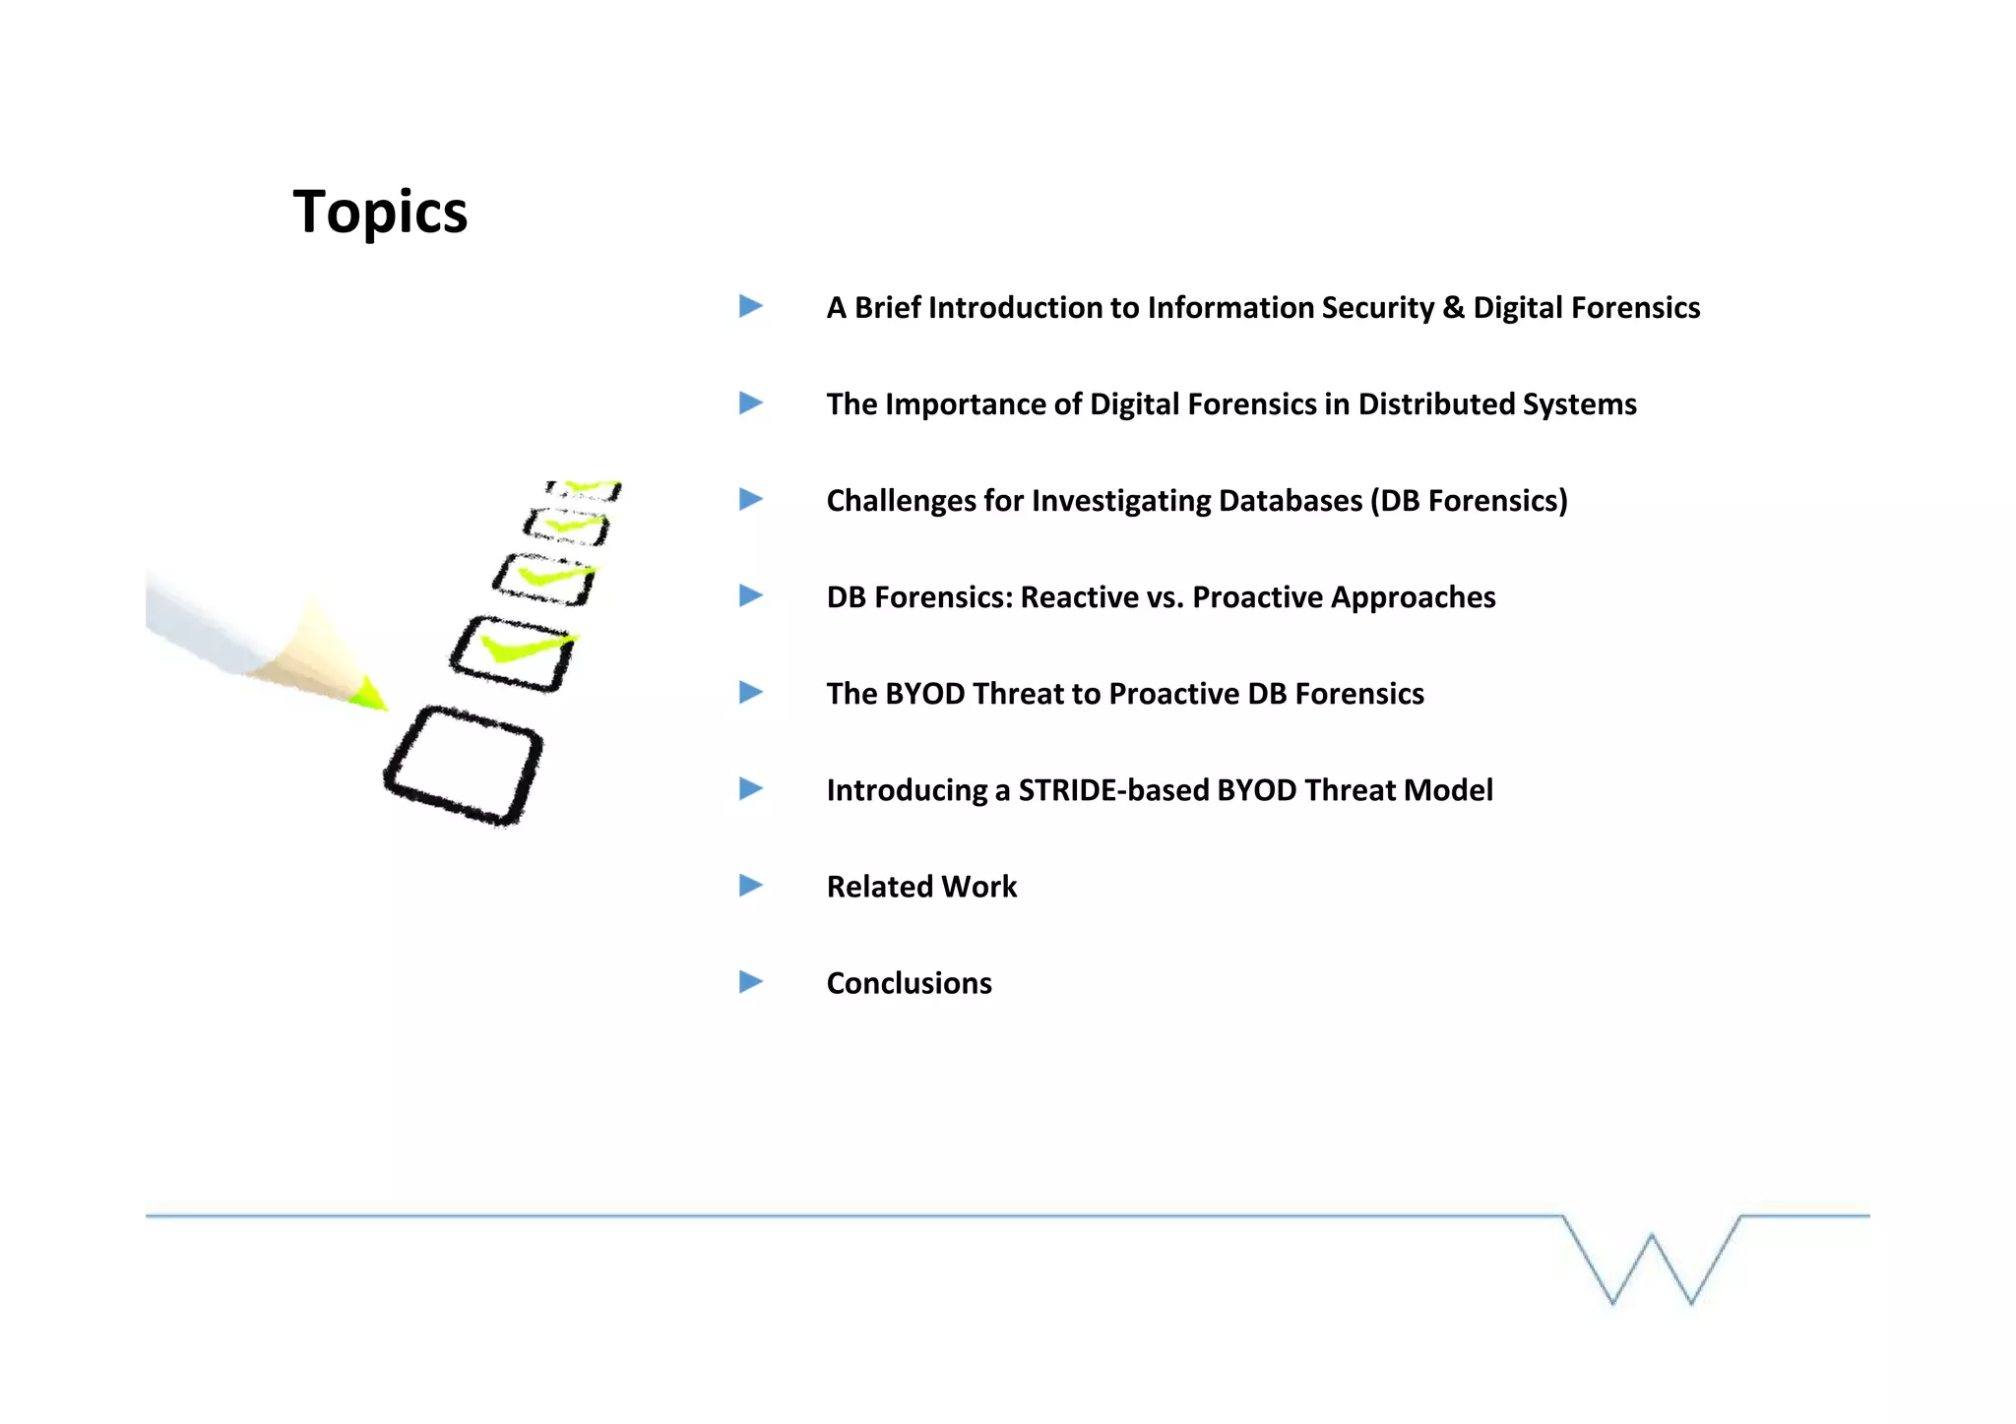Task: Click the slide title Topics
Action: click(x=380, y=212)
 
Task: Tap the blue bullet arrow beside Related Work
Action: click(x=751, y=886)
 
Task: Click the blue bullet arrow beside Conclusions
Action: click(x=751, y=982)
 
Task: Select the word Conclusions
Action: click(x=909, y=983)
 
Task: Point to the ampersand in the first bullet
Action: click(x=1453, y=308)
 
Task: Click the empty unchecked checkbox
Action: click(x=463, y=765)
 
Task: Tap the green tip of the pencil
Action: click(x=370, y=694)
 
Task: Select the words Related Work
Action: click(x=921, y=887)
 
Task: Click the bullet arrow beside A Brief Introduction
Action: click(x=751, y=306)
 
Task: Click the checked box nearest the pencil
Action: click(x=512, y=653)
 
